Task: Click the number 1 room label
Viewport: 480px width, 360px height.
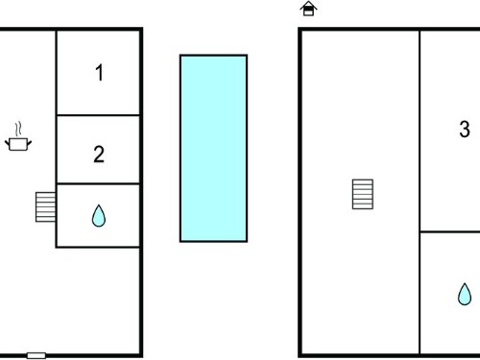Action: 100,73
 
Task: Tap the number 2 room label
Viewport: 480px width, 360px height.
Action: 99,155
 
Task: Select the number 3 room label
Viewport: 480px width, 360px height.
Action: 465,129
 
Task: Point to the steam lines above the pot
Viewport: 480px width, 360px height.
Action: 18,129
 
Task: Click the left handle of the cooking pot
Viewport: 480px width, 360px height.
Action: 7,143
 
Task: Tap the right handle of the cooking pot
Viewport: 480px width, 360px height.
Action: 29,143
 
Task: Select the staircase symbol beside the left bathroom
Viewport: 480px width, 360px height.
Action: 45,207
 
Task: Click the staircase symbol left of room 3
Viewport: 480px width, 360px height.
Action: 363,194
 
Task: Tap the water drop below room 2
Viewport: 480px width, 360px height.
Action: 99,216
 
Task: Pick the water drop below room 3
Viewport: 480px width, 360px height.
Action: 465,294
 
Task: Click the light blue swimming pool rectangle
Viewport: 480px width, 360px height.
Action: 213,148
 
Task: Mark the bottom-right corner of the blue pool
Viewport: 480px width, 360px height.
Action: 247,242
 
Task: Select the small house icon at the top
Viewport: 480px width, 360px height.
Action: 308,9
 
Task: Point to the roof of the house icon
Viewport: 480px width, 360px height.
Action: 308,5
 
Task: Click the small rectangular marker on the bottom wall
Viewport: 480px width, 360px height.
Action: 36,355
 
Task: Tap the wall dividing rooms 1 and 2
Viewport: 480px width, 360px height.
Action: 98,115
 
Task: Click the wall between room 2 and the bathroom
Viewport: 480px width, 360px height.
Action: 98,183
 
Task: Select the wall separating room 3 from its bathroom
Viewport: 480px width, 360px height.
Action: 449,231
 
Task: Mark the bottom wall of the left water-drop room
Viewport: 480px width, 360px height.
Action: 98,247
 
